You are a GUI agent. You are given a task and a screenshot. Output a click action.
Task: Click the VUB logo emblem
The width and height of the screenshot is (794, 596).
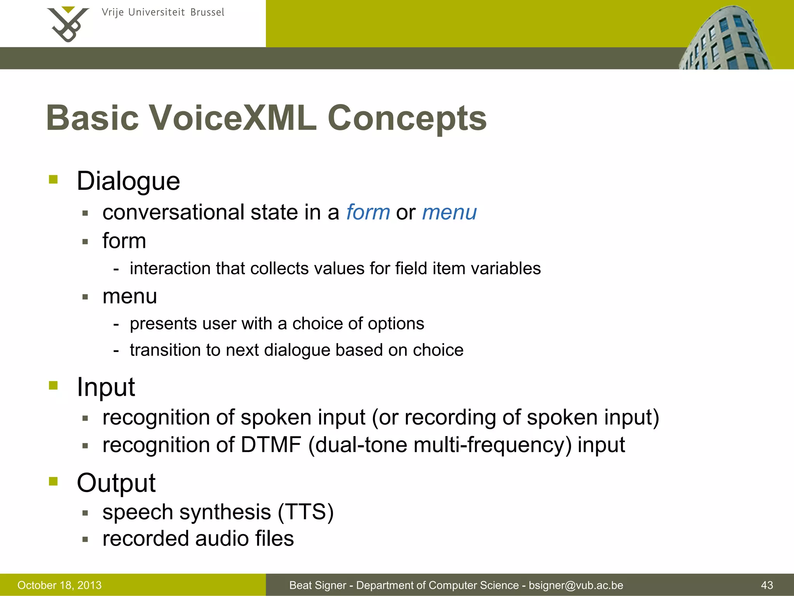coord(67,24)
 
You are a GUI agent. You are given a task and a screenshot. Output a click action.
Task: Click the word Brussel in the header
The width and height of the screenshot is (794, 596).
coord(207,12)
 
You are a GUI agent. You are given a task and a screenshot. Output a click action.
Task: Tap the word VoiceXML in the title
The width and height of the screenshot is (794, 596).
coord(233,118)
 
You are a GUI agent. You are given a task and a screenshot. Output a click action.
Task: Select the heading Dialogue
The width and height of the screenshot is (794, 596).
coord(128,181)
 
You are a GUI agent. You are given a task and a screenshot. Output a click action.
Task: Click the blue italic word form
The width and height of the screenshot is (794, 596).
coord(368,212)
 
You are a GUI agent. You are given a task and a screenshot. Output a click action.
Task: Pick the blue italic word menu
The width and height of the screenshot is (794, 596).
coord(449,212)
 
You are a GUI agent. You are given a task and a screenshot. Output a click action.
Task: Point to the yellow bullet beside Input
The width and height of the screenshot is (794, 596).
coord(54,385)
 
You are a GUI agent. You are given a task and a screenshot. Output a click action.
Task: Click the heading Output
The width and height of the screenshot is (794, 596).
coord(116,483)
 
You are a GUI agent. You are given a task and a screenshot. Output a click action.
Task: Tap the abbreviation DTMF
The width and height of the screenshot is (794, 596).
coord(271,445)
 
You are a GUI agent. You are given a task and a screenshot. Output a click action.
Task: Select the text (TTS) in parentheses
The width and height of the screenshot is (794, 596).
coord(306,512)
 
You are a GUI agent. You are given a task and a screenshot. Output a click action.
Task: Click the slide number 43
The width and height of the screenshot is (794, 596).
coord(767,585)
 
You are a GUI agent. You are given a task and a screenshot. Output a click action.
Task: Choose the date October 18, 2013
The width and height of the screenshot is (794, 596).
coord(59,585)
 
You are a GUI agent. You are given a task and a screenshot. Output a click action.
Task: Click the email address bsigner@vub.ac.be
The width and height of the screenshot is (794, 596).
coord(576,585)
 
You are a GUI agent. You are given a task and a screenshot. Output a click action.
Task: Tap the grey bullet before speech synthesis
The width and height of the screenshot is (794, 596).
coord(85,513)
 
